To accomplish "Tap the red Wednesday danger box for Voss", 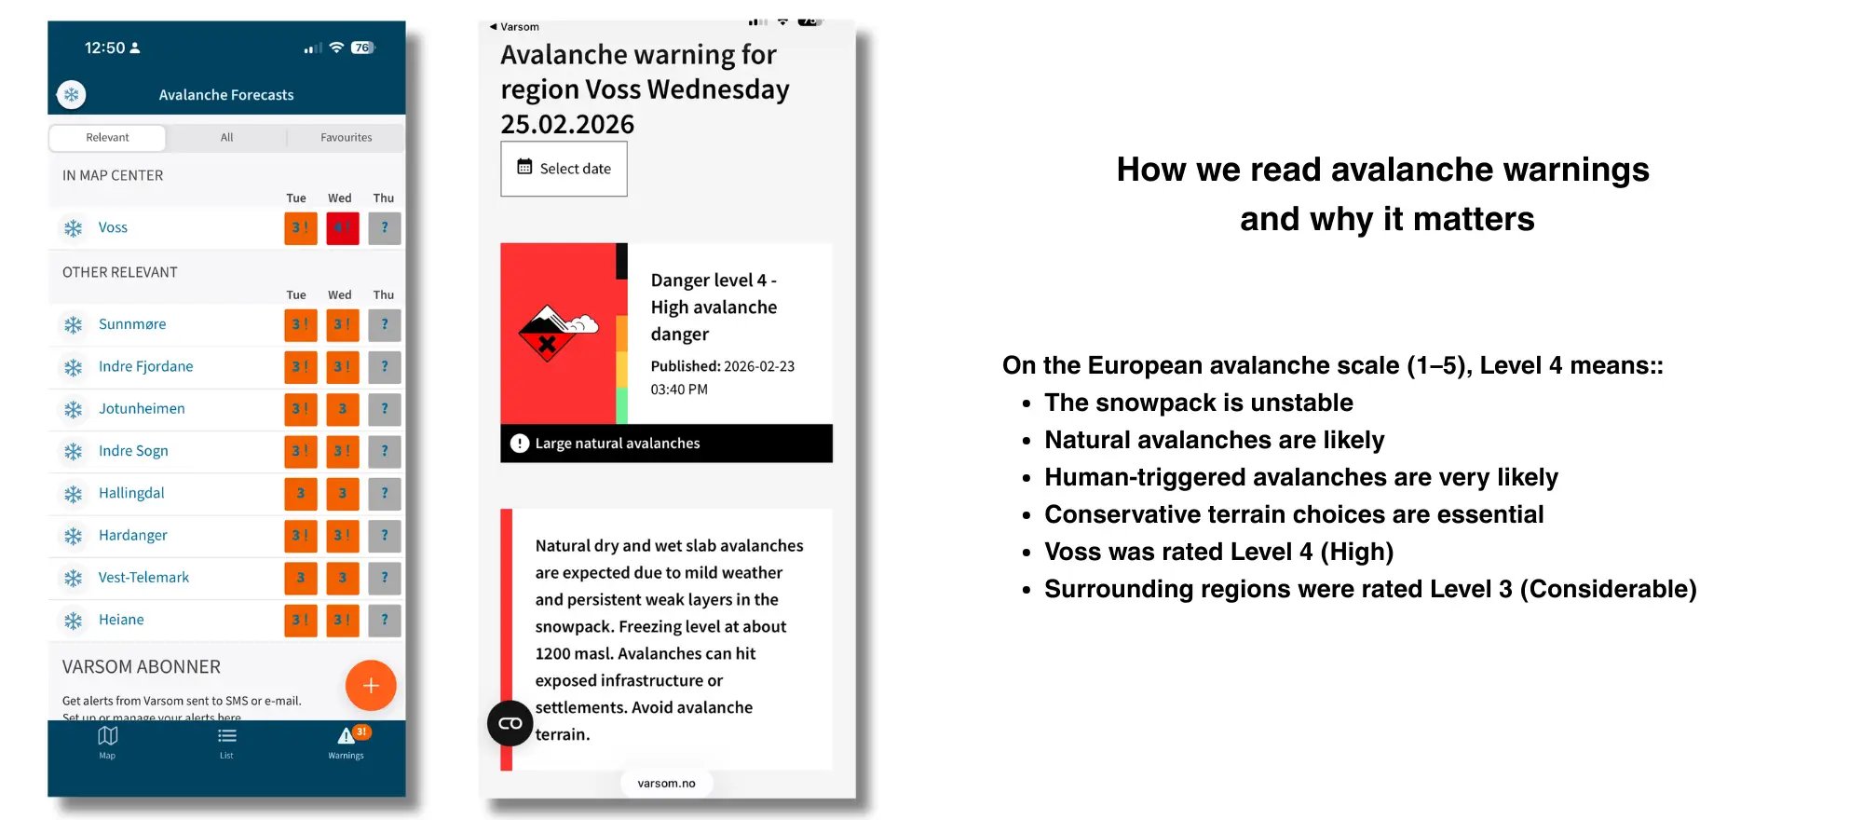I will [x=342, y=228].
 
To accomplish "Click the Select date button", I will [x=564, y=169].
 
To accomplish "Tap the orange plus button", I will [x=371, y=686].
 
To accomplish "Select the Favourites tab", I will [x=346, y=138].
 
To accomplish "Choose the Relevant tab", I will [x=107, y=138].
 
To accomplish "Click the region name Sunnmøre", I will [x=132, y=324].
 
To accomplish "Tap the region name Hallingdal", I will [x=131, y=493].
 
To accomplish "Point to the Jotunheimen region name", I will [x=142, y=409].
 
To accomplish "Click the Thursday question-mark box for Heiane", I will [x=384, y=620].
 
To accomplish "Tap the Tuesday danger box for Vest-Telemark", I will [x=300, y=578].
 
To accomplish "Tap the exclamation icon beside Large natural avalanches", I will [x=520, y=444].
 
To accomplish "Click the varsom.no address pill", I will [x=666, y=784].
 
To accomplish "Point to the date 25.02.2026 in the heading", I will [x=567, y=125].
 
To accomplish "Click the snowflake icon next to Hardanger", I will [x=73, y=536].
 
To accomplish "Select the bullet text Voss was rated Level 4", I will [x=1218, y=552].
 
